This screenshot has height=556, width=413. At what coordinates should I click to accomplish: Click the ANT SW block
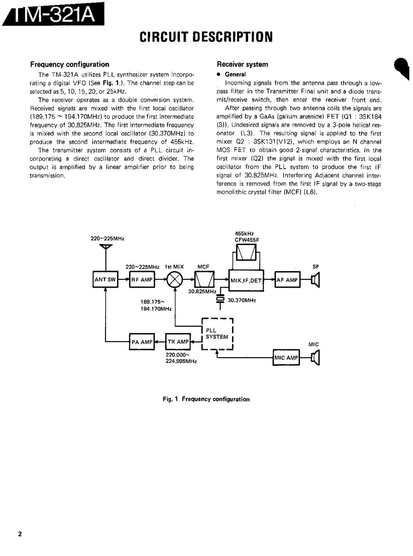tap(105, 280)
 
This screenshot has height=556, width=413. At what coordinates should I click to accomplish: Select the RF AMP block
tap(142, 280)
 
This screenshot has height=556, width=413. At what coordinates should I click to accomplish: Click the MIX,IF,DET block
tap(246, 280)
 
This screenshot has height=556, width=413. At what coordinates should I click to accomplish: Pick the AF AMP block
tap(287, 280)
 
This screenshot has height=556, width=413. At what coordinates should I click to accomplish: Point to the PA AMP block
tap(141, 342)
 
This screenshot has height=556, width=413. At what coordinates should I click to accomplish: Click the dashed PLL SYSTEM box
tap(217, 334)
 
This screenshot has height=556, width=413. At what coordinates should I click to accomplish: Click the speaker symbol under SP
tap(316, 280)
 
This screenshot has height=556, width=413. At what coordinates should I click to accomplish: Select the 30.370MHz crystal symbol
tap(220, 300)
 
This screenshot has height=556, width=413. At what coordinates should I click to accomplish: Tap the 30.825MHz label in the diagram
tap(202, 292)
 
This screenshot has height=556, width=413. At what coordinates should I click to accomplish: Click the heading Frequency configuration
tap(69, 64)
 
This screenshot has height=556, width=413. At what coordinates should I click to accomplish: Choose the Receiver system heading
tap(242, 64)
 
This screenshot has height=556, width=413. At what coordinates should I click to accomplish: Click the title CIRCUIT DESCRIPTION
tap(206, 37)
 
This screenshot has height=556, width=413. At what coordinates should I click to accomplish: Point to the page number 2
tap(20, 534)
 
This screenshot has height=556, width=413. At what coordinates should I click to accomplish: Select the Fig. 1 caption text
tap(206, 399)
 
